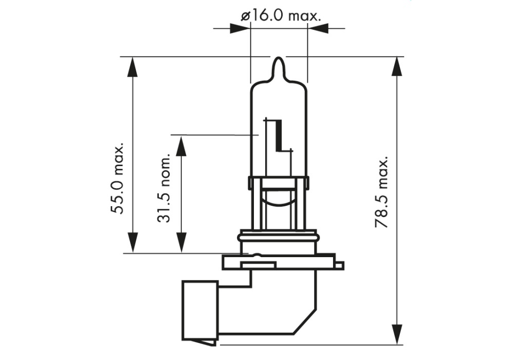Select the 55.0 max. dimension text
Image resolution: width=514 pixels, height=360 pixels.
118,178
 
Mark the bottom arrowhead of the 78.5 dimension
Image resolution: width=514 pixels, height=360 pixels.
397,334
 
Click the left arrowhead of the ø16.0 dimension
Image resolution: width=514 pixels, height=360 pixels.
240,28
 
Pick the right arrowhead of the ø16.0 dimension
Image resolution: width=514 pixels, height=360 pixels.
318,28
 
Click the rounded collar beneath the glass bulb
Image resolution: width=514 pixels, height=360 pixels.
278,240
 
